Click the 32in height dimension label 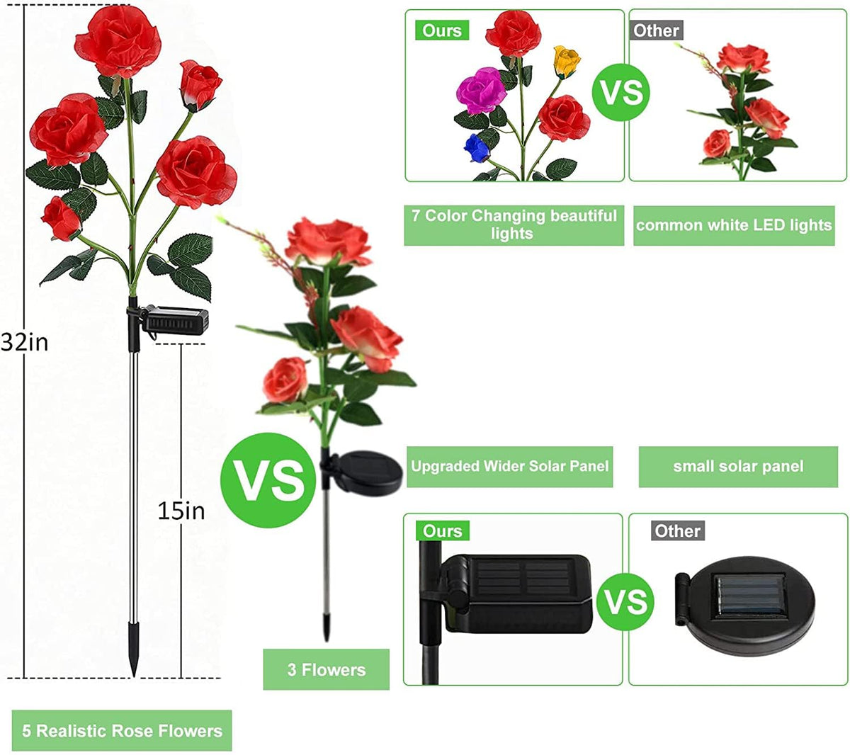coord(24,343)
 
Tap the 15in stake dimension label coord(181,511)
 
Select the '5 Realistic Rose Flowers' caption coord(122,731)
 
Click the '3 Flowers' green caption coord(326,669)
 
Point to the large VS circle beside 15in coord(268,480)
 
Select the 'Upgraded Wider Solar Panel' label coord(510,467)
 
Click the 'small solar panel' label coord(738,467)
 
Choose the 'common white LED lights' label coord(734,225)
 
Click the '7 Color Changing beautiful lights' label coord(514,225)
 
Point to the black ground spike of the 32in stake coord(134,649)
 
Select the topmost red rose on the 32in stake coord(118,40)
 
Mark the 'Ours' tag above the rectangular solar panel coord(442,531)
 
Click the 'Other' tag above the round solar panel coord(678,531)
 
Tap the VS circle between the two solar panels coord(625,601)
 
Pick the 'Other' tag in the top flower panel coord(656,30)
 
